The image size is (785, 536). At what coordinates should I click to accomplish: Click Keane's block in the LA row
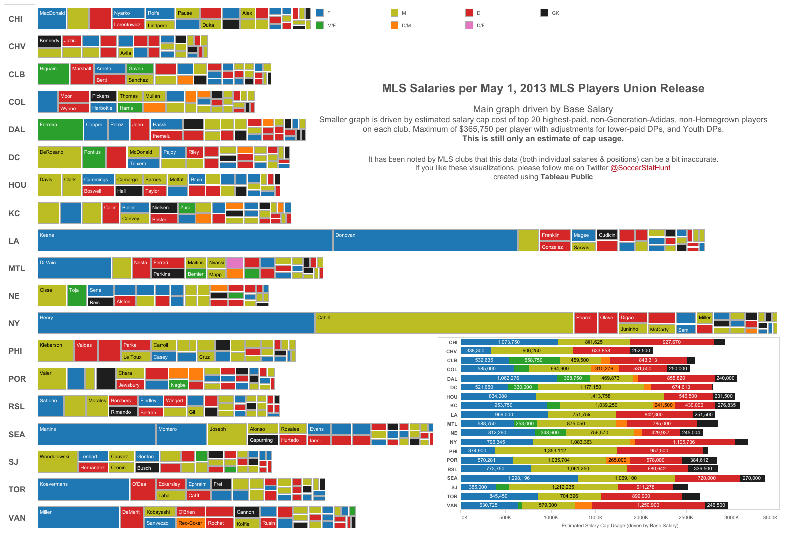tap(185, 240)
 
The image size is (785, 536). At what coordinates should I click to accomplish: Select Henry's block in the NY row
tap(176, 323)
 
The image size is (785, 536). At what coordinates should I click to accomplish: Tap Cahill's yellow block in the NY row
tap(444, 323)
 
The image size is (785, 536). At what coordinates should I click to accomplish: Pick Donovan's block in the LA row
tap(425, 240)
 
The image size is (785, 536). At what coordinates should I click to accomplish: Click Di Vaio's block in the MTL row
tap(74, 268)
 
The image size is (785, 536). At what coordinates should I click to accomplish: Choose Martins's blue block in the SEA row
tap(97, 434)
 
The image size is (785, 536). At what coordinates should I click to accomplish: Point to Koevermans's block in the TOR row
tap(83, 489)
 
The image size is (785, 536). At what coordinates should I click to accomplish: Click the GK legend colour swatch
tap(544, 13)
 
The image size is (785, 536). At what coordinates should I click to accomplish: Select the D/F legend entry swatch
tap(469, 25)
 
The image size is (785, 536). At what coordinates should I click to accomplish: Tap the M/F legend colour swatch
tap(320, 25)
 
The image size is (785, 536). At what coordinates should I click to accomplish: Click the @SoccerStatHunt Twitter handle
tap(640, 168)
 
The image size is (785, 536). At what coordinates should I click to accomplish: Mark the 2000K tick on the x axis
tap(641, 517)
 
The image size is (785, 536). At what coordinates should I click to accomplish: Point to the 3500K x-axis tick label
tap(770, 517)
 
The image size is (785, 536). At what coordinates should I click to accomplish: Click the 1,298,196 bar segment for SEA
tap(519, 478)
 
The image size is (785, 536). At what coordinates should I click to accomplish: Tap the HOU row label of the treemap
tap(17, 185)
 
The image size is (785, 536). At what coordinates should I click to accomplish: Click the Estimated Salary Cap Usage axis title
tap(619, 526)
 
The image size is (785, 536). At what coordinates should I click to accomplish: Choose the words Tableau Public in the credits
tap(567, 177)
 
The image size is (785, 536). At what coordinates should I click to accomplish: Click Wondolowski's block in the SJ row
tap(57, 462)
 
